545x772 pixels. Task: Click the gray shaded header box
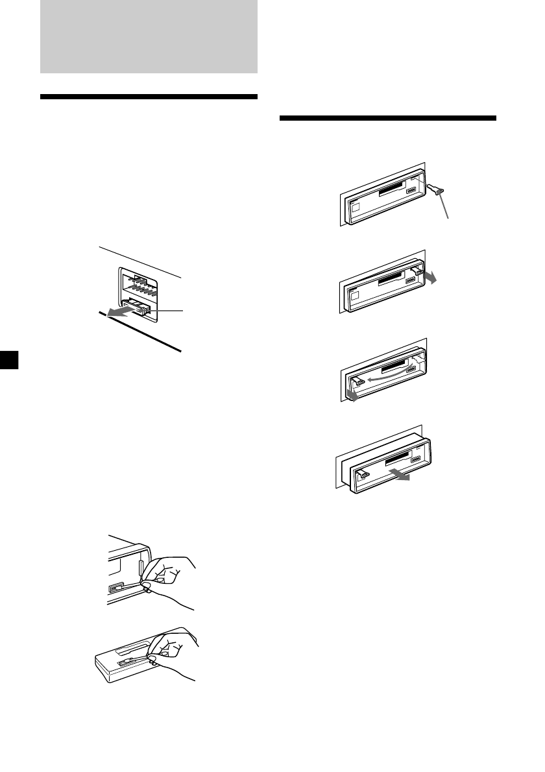click(x=149, y=36)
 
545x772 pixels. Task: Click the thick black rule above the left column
click(x=149, y=97)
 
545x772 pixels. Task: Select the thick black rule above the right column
click(x=387, y=119)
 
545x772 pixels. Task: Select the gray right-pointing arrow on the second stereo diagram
click(x=429, y=278)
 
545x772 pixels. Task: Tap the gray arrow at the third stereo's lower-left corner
click(x=352, y=393)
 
